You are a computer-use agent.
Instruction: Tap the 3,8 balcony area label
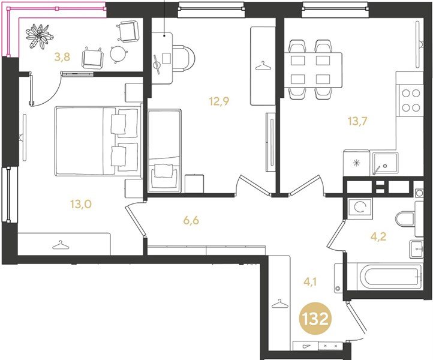pyautogui.click(x=62, y=58)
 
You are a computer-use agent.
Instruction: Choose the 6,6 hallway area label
pyautogui.click(x=191, y=220)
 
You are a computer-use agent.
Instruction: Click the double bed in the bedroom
pyautogui.click(x=97, y=141)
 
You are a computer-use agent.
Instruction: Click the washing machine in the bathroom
pyautogui.click(x=359, y=208)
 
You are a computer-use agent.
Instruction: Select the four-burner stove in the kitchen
pyautogui.click(x=410, y=100)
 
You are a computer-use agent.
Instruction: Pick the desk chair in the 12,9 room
pyautogui.click(x=182, y=60)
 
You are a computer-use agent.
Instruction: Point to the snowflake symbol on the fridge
pyautogui.click(x=357, y=163)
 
